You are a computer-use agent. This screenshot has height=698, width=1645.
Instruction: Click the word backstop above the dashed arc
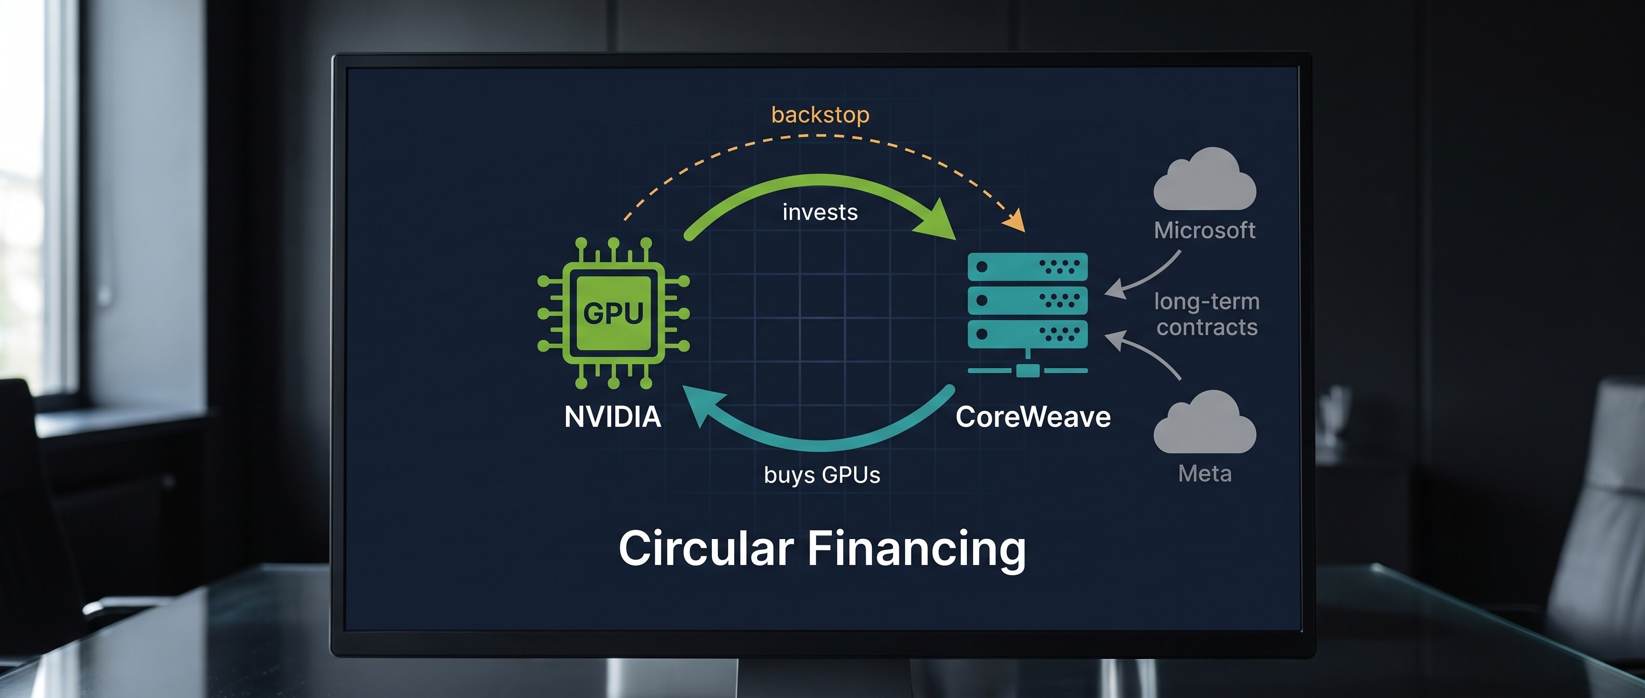pyautogui.click(x=820, y=115)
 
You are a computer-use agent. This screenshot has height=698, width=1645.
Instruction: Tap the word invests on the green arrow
pyautogui.click(x=820, y=212)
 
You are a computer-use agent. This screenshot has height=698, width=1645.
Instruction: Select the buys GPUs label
pyautogui.click(x=822, y=475)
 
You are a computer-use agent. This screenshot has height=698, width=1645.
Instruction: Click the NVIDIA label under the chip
pyautogui.click(x=612, y=417)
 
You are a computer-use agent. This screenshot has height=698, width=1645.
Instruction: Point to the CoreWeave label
pyautogui.click(x=1033, y=417)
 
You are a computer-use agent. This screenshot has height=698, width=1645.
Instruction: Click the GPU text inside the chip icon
pyautogui.click(x=613, y=313)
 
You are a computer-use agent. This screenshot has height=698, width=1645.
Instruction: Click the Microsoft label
pyautogui.click(x=1204, y=230)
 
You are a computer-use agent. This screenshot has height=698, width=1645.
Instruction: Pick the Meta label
pyautogui.click(x=1204, y=473)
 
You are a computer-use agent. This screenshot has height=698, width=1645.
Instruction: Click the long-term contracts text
pyautogui.click(x=1207, y=314)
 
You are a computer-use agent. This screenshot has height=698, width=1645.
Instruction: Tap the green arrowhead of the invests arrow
pyautogui.click(x=936, y=220)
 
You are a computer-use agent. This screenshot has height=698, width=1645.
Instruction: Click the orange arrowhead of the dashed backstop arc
pyautogui.click(x=1015, y=220)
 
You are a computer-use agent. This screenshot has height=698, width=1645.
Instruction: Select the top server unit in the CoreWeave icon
pyautogui.click(x=1028, y=266)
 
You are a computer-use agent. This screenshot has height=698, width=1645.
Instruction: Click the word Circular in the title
pyautogui.click(x=706, y=548)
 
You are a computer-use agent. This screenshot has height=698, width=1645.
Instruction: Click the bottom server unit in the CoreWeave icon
pyautogui.click(x=1028, y=334)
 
